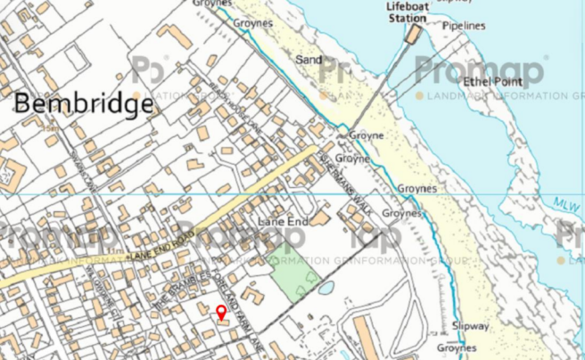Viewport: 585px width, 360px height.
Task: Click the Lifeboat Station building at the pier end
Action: point(413,34)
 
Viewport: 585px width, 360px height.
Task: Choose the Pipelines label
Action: point(464,26)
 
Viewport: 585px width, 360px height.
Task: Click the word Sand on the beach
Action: point(309,59)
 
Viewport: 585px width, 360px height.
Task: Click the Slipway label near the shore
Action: point(470,326)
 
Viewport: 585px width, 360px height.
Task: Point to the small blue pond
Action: point(325,289)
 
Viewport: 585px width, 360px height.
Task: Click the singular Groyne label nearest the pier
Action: point(366,135)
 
